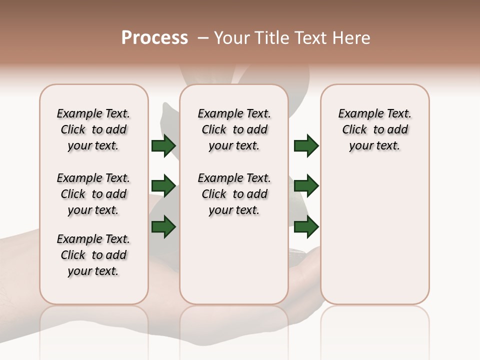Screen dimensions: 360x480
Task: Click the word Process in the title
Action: (x=154, y=38)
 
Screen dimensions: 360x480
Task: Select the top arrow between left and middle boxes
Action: (x=163, y=145)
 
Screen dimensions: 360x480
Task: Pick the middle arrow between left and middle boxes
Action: (x=163, y=186)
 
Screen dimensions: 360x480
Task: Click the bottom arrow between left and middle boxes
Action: (x=163, y=226)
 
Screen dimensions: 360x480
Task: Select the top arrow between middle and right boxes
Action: (x=306, y=145)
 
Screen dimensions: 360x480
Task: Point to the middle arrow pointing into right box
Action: (x=306, y=186)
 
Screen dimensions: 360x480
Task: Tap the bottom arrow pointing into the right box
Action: (x=306, y=226)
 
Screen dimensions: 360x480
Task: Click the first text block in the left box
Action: (x=93, y=129)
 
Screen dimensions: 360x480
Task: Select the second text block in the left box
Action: (x=93, y=194)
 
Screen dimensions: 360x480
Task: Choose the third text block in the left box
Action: (x=93, y=255)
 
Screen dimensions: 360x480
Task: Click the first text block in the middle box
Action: (x=234, y=129)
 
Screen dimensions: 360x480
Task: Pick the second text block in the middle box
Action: (x=234, y=194)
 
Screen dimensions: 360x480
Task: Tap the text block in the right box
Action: (x=374, y=129)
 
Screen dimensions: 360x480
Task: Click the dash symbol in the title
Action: (x=203, y=38)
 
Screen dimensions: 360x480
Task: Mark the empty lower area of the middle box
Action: (x=234, y=260)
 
